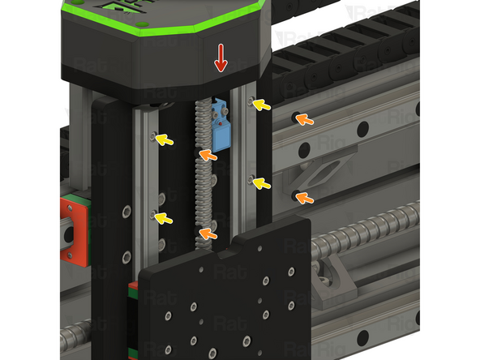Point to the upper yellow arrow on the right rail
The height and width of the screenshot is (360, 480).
coord(261,105)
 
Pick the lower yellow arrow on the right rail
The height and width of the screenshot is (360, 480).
coord(260,183)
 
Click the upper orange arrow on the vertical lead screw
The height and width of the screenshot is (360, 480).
coord(208,154)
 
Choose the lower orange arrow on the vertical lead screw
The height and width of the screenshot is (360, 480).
coord(208,234)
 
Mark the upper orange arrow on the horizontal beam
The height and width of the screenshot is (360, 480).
coord(304,120)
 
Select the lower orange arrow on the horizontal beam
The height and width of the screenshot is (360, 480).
coord(304,198)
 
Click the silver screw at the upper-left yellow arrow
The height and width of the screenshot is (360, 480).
coord(153,136)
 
